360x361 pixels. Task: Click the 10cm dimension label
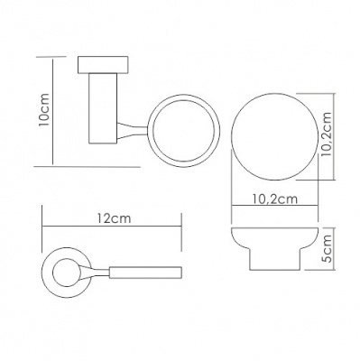(44, 110)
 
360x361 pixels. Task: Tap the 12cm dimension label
(114, 218)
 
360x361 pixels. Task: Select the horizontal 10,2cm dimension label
(275, 199)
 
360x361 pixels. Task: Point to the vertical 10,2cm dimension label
(326, 134)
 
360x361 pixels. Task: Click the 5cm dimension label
(326, 248)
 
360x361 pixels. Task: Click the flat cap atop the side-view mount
(103, 65)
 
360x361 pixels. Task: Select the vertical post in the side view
(103, 108)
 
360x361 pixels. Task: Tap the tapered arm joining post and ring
(133, 130)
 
